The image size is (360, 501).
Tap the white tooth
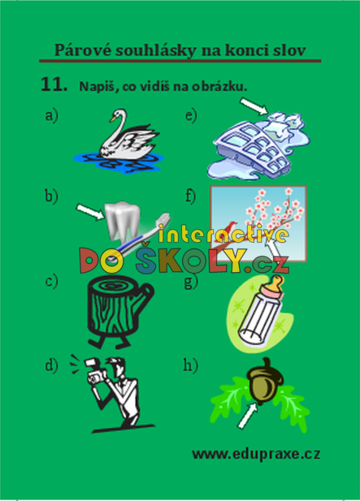click(x=122, y=220)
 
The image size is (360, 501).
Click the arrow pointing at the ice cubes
click(x=254, y=106)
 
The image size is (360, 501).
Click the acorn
click(x=265, y=381)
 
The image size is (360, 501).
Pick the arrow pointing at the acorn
click(x=247, y=415)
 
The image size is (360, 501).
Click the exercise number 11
click(x=54, y=85)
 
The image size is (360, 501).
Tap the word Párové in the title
click(x=83, y=50)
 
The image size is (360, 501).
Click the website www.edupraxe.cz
click(x=256, y=454)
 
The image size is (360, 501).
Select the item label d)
click(x=52, y=365)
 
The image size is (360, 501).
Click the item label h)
click(x=191, y=365)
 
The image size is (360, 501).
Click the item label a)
click(x=52, y=115)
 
